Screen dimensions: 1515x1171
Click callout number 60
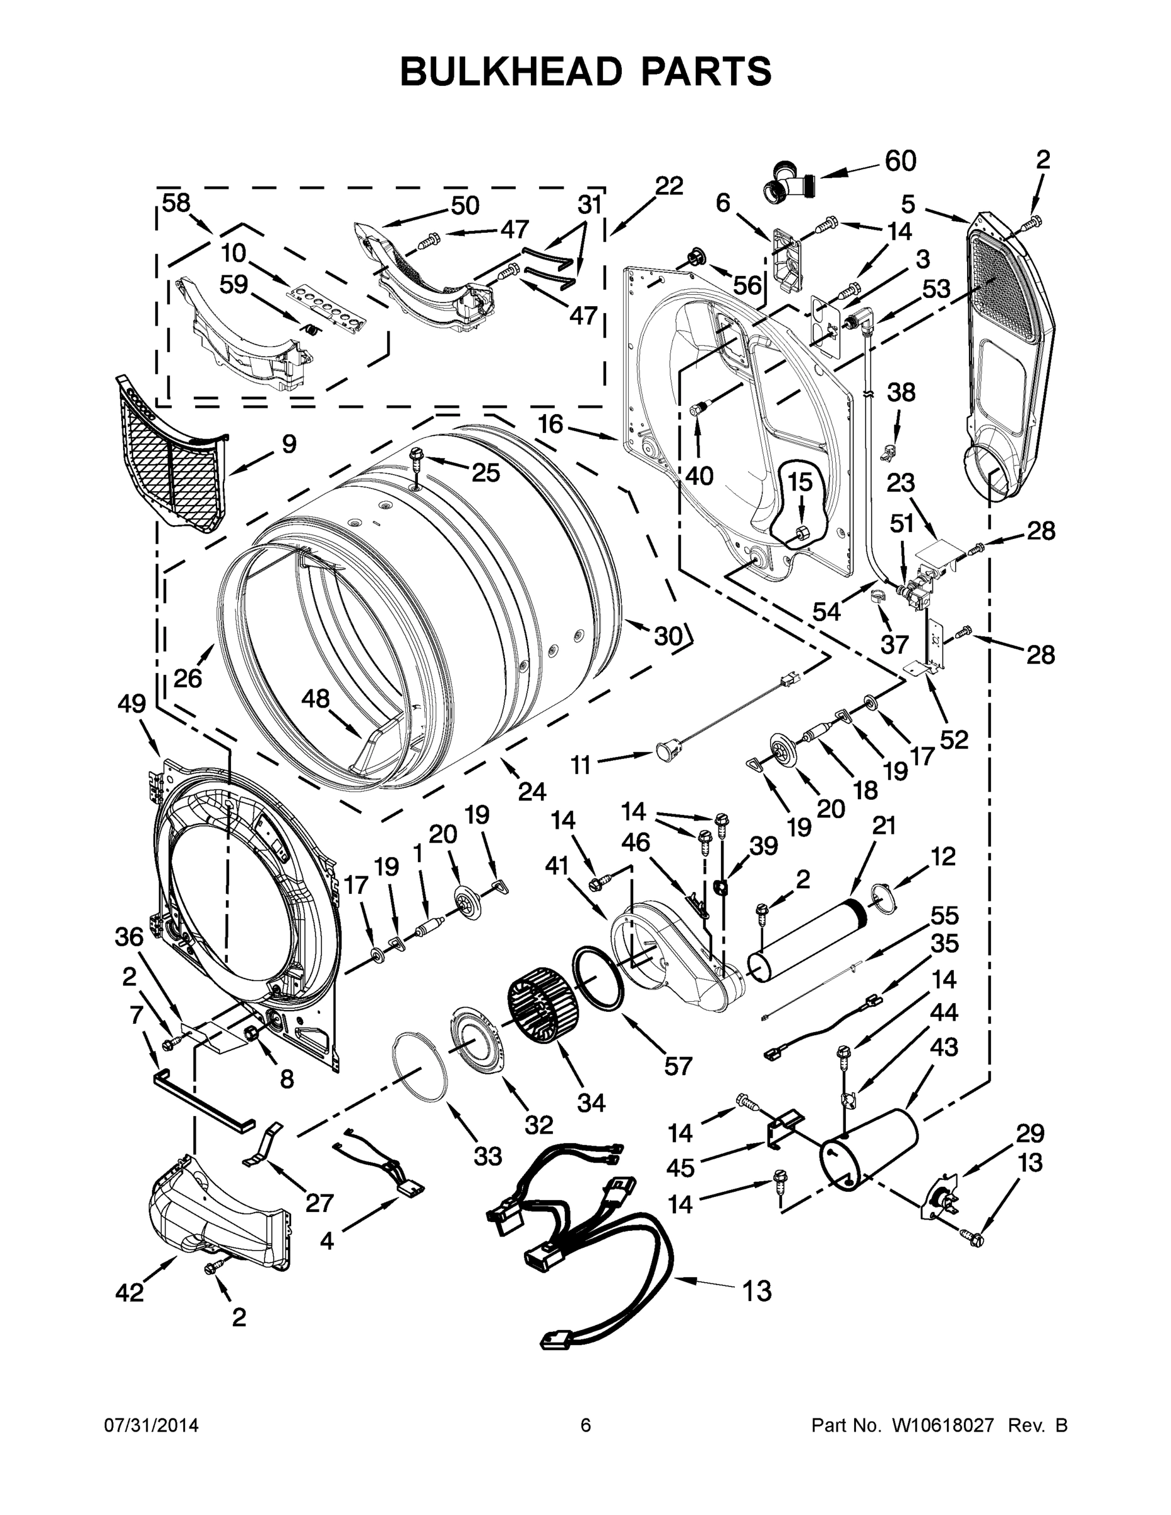click(x=900, y=161)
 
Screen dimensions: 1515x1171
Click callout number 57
click(x=678, y=1065)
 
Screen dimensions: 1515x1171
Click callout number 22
click(x=669, y=186)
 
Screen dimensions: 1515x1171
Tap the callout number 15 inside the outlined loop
click(x=800, y=482)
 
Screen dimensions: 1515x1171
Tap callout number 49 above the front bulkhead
click(x=131, y=704)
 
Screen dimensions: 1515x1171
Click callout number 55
click(x=944, y=916)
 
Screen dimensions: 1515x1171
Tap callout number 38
click(x=901, y=393)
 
